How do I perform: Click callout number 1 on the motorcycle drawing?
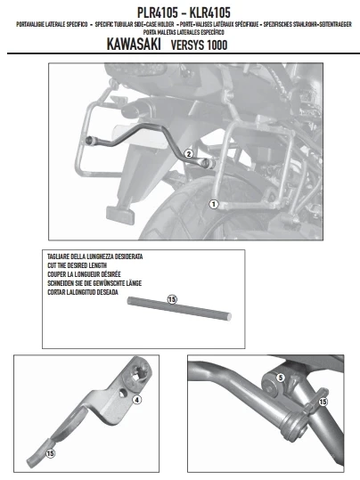click(213, 204)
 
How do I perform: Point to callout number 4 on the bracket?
click(136, 400)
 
